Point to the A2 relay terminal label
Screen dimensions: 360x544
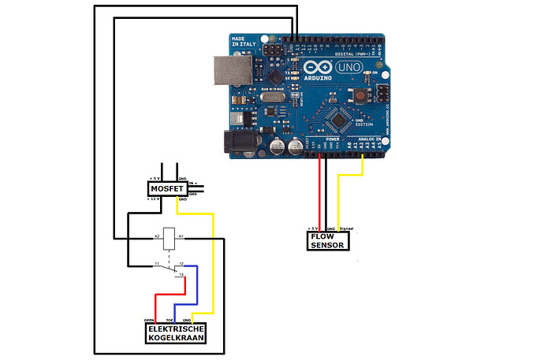157,236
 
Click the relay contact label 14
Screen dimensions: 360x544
182,273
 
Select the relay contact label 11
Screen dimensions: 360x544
157,262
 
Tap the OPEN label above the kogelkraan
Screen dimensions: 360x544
148,321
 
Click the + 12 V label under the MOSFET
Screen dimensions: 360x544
154,200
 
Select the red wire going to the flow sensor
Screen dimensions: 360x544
320,193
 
